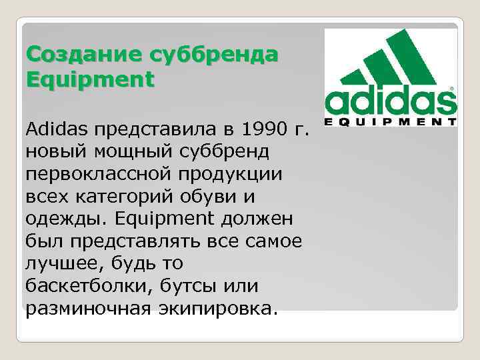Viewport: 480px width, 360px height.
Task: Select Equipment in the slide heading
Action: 89,79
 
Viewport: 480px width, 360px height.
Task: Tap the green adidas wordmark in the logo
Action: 390,101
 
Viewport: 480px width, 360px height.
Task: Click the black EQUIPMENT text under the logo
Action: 390,122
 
